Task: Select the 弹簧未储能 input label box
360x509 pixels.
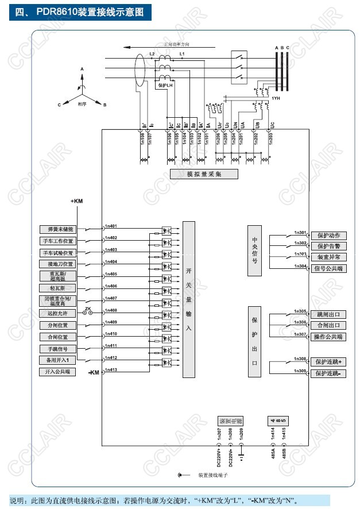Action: point(57,229)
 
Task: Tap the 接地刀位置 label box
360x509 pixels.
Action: point(57,264)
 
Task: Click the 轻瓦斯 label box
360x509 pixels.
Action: point(57,288)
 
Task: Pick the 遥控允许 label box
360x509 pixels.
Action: point(57,314)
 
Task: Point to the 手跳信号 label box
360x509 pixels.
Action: point(57,349)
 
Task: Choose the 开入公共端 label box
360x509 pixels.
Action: point(57,372)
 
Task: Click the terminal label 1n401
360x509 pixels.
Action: point(111,225)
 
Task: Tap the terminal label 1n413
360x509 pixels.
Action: point(111,370)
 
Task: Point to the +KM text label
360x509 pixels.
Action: point(76,202)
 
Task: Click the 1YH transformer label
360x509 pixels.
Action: point(276,98)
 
